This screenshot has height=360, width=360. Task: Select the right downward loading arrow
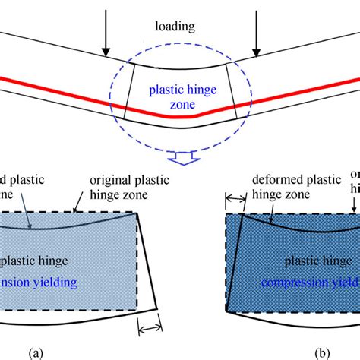point(258,33)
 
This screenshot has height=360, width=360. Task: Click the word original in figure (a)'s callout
point(112,180)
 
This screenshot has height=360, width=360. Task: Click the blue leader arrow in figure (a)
point(26,218)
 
